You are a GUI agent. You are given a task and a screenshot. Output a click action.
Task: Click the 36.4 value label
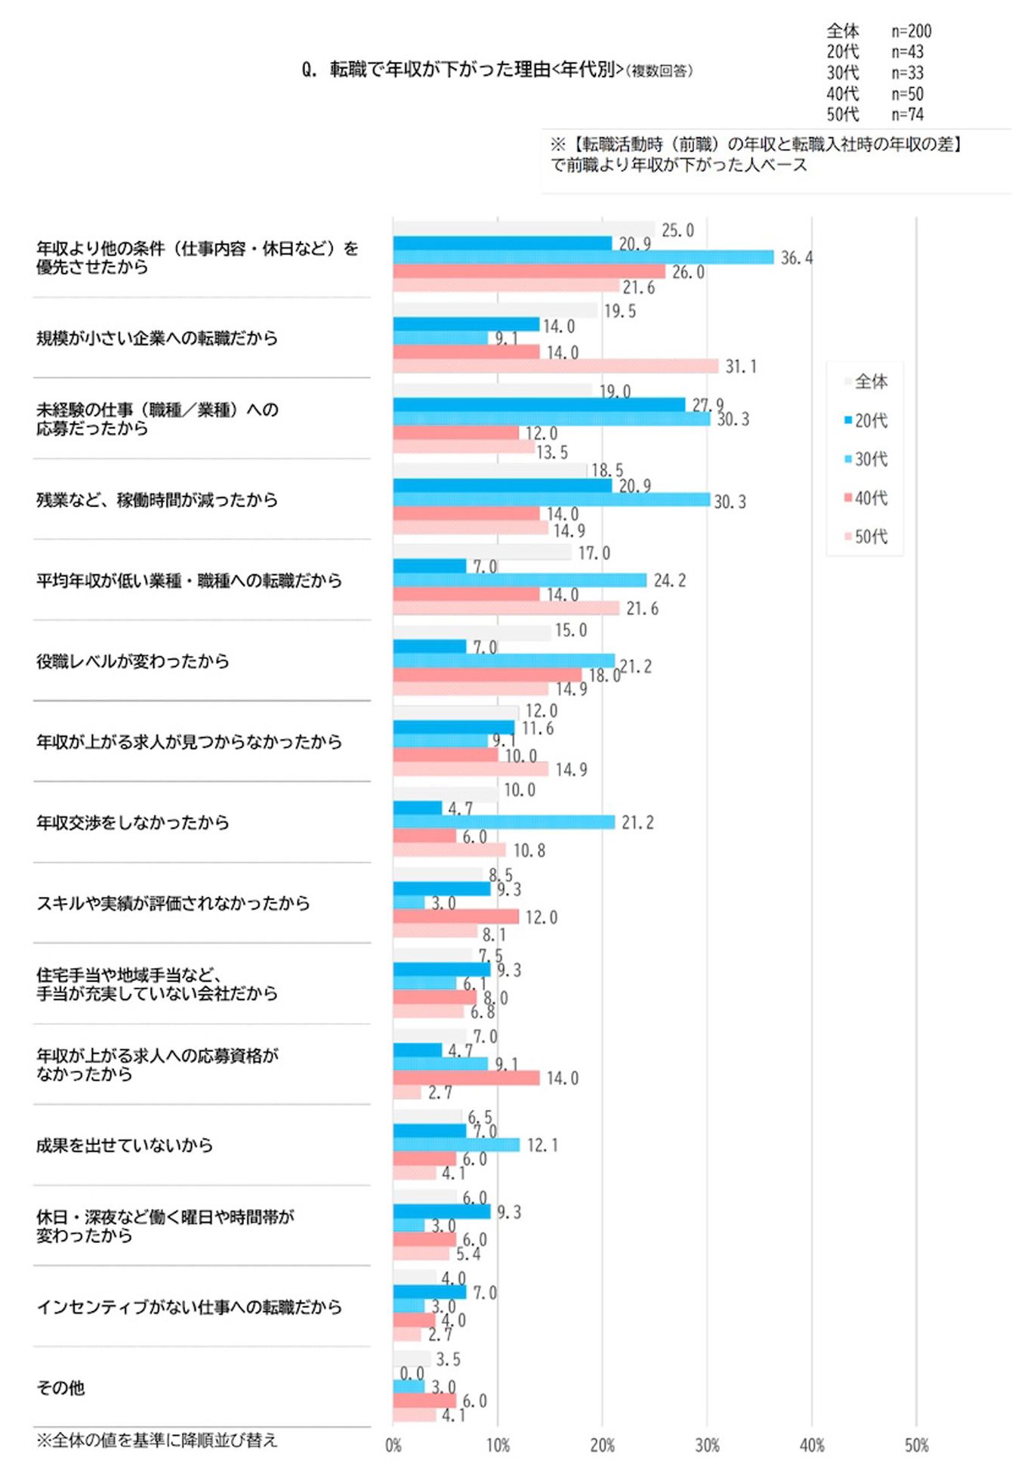pyautogui.click(x=796, y=258)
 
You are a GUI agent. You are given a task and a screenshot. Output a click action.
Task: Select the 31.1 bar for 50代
pyautogui.click(x=555, y=366)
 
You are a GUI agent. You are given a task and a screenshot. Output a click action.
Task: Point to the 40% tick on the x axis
pyautogui.click(x=812, y=1446)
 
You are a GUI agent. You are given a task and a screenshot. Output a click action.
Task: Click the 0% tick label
pyautogui.click(x=393, y=1446)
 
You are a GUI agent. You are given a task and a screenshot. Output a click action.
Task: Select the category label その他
pyautogui.click(x=60, y=1388)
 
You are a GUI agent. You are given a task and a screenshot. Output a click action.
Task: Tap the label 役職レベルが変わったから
pyautogui.click(x=133, y=661)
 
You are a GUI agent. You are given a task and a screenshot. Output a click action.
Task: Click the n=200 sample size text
pyautogui.click(x=911, y=31)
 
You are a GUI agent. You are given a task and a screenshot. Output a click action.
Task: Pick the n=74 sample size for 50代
pyautogui.click(x=907, y=115)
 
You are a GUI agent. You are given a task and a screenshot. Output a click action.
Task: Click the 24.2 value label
pyautogui.click(x=669, y=580)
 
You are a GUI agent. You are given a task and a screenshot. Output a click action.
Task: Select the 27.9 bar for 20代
pyautogui.click(x=538, y=405)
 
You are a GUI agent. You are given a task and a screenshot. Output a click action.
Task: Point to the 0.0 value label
pyautogui.click(x=412, y=1373)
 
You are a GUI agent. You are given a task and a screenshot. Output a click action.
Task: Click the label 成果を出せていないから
pyautogui.click(x=125, y=1146)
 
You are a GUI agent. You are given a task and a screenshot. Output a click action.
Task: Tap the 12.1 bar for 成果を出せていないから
pyautogui.click(x=456, y=1145)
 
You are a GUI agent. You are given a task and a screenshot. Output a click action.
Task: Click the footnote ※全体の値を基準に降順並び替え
pyautogui.click(x=157, y=1440)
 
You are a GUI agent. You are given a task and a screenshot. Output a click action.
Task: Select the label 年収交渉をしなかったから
pyautogui.click(x=133, y=822)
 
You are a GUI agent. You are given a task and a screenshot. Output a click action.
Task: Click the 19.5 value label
pyautogui.click(x=619, y=311)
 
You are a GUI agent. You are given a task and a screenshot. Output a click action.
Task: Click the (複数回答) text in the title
pyautogui.click(x=659, y=71)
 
